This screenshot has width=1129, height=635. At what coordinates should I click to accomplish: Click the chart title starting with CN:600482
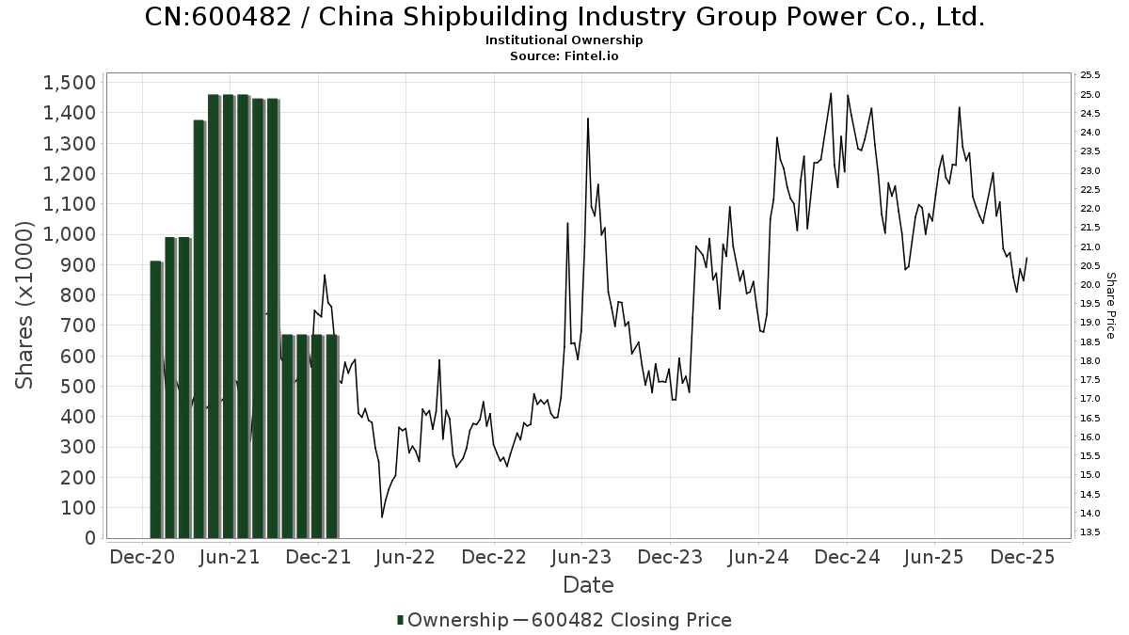pos(564,17)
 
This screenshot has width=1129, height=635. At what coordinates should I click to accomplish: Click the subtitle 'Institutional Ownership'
pos(564,40)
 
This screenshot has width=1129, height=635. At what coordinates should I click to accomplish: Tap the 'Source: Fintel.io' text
pos(564,56)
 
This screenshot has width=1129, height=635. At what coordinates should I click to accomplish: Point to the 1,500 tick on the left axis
pos(70,83)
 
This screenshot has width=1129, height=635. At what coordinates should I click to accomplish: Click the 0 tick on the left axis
pos(89,538)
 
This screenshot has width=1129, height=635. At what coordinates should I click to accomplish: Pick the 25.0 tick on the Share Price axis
pos(1090,94)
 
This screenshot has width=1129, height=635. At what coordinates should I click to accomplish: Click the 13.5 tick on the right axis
pos(1090,532)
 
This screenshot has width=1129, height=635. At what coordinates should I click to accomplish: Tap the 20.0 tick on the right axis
pos(1090,285)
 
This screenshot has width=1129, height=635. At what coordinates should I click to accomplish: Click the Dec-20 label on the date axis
pos(143,557)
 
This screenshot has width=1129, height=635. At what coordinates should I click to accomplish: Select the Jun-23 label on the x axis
pos(582,557)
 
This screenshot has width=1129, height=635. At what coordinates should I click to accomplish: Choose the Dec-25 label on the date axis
pos(1023,557)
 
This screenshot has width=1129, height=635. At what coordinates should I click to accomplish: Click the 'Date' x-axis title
pos(588,585)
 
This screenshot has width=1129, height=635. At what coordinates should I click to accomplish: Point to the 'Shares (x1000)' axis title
pos(25,306)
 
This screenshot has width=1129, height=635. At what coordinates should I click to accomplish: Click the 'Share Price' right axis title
pos(1110,306)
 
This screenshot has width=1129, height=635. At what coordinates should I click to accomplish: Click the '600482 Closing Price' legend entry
pos(629,620)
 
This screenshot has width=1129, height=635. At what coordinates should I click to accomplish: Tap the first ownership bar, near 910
pos(156,400)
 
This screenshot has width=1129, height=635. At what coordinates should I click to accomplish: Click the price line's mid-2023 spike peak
pos(588,119)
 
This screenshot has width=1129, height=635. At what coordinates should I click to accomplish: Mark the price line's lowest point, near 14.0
pos(382,516)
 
